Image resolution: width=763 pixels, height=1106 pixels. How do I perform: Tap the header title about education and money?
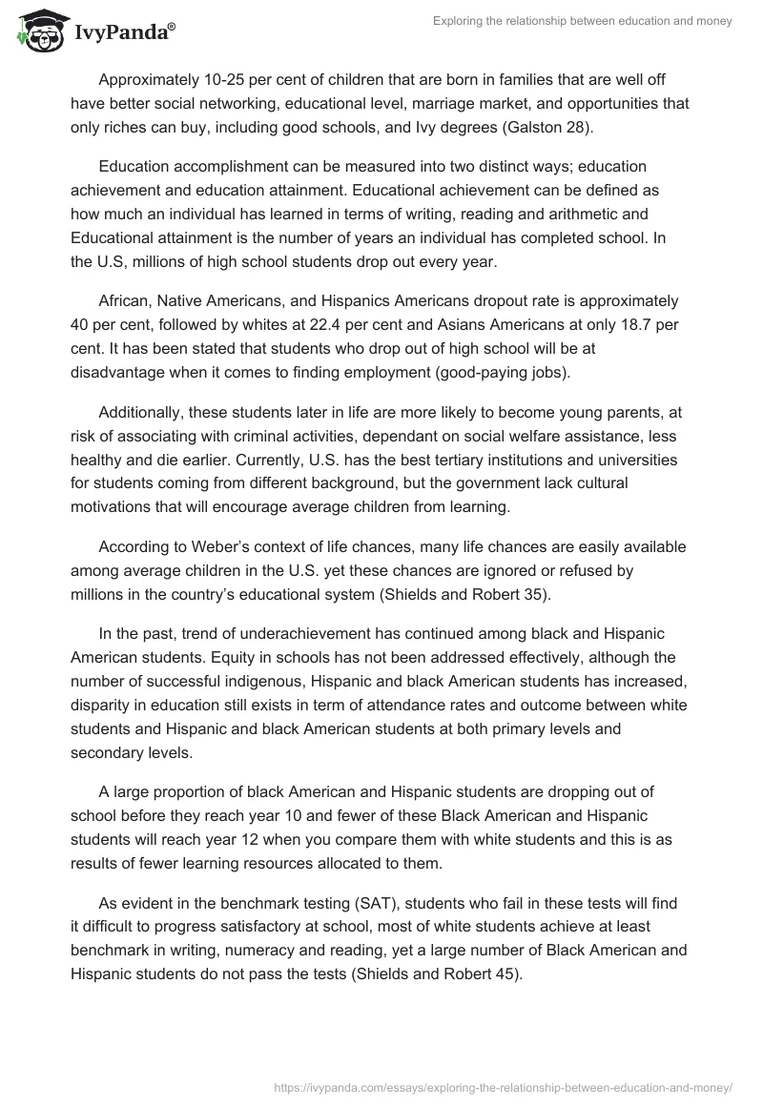point(581,21)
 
